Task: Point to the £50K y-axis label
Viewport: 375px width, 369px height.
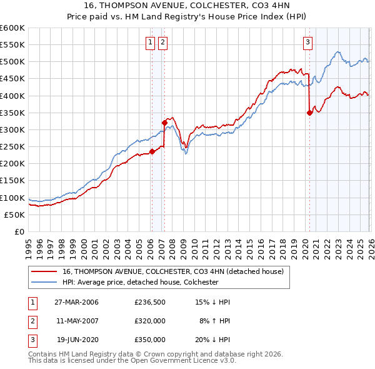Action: (x=14, y=215)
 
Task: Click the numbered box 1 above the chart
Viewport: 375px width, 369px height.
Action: (x=151, y=43)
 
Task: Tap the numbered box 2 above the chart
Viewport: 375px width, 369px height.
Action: (x=162, y=43)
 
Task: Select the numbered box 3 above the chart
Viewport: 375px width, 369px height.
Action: (x=308, y=43)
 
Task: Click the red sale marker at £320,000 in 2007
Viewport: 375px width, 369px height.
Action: (x=164, y=123)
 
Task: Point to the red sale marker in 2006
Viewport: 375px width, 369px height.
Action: (x=152, y=151)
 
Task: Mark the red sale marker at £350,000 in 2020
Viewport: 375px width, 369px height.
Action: (x=309, y=113)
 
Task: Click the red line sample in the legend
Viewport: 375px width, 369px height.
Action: (x=45, y=271)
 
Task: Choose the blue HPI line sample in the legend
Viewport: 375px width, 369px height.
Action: (x=45, y=282)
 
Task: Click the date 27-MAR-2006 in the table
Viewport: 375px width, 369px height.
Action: (x=77, y=302)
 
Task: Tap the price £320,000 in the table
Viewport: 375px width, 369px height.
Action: (x=149, y=321)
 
